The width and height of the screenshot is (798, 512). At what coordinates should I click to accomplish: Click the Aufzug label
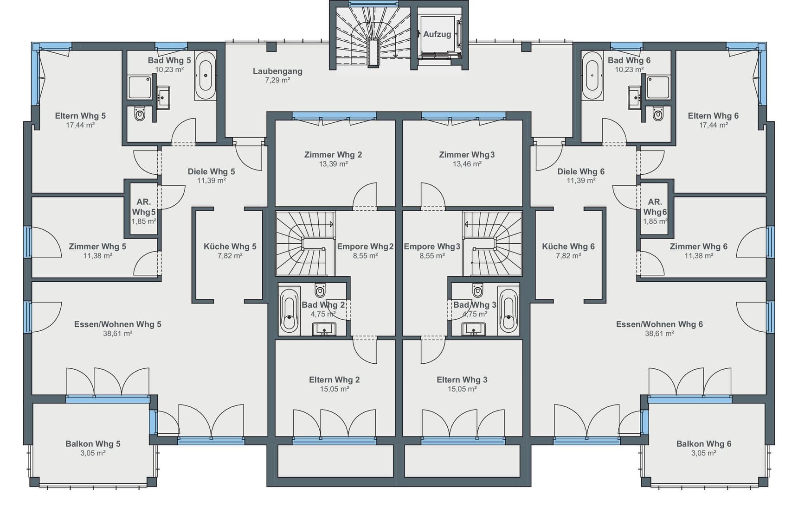click(437, 34)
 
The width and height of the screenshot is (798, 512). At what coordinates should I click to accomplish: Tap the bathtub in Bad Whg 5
click(205, 76)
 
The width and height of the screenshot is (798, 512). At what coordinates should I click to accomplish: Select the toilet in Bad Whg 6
click(657, 114)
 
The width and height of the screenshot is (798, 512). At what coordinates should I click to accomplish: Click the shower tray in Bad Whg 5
click(140, 87)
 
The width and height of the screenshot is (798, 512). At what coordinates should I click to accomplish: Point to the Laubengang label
click(277, 71)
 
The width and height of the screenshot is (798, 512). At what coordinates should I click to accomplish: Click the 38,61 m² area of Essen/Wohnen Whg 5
click(118, 333)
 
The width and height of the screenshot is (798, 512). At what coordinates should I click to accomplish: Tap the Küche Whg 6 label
click(568, 247)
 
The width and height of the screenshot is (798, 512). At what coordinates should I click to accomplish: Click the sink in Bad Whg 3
click(473, 329)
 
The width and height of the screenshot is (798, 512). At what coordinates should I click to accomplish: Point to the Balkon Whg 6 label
click(704, 443)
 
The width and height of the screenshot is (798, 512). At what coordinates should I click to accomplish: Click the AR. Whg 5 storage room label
click(144, 207)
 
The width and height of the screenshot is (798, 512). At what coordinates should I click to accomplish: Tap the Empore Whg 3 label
click(432, 247)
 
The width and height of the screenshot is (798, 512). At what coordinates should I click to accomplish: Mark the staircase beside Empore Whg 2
click(305, 243)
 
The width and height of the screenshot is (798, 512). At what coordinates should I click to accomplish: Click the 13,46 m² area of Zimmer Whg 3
click(467, 164)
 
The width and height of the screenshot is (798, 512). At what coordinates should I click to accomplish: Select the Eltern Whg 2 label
click(335, 379)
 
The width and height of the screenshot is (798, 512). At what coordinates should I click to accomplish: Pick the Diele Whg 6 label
click(581, 171)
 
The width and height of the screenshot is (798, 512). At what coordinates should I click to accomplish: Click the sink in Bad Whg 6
click(634, 97)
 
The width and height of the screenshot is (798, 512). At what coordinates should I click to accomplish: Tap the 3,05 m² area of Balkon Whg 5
click(93, 453)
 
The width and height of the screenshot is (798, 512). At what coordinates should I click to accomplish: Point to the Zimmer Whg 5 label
click(97, 247)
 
